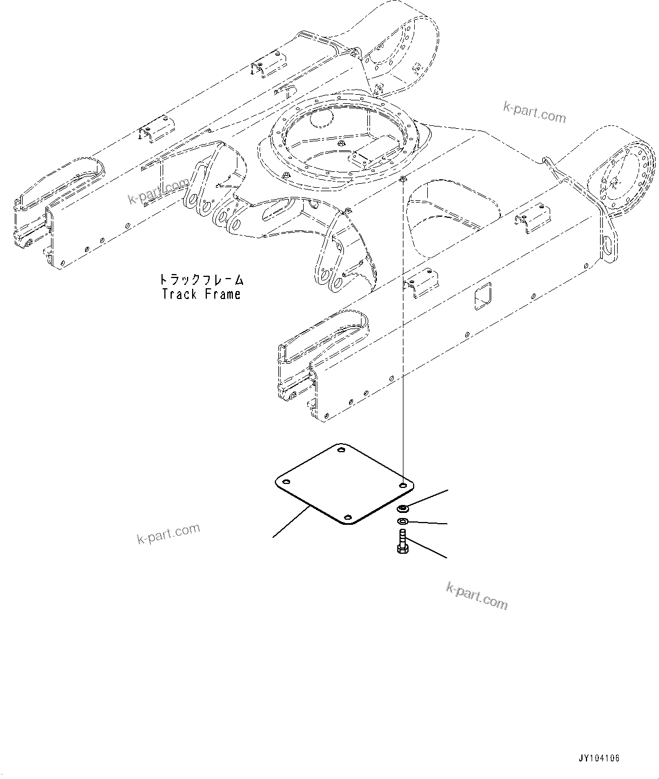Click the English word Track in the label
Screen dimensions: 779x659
(179, 294)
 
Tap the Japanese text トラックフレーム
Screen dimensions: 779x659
(201, 280)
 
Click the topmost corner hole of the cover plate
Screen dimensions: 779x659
(341, 451)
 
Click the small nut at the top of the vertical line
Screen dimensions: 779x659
(402, 180)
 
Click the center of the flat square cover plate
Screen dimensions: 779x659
(345, 484)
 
